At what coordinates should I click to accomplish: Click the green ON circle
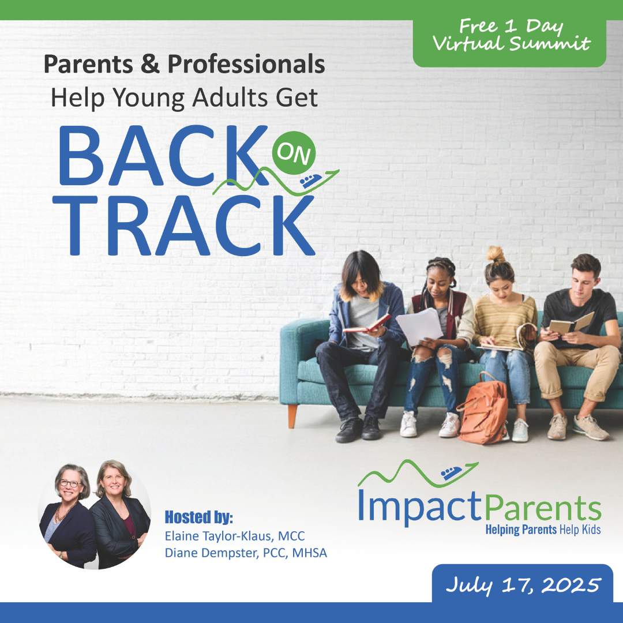(294, 152)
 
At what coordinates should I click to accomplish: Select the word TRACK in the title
(183, 226)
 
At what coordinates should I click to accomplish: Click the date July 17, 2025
(523, 585)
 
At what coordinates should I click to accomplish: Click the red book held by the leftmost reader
(367, 324)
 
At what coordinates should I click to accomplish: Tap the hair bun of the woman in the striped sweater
(496, 254)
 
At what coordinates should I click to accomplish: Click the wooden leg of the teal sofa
(292, 416)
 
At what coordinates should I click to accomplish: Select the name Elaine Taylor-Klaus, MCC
(235, 536)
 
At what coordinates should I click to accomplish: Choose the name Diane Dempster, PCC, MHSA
(246, 553)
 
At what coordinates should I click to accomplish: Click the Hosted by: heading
(198, 517)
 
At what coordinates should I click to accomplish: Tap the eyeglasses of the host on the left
(70, 483)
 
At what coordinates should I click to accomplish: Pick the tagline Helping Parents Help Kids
(543, 530)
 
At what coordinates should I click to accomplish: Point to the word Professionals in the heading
(246, 64)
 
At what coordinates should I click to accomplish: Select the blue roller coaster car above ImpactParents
(452, 472)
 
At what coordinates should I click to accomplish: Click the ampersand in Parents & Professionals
(150, 64)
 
